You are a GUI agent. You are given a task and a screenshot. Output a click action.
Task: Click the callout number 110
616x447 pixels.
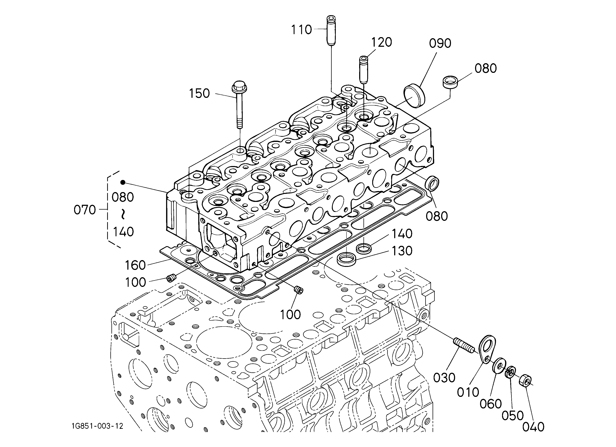coord(301,30)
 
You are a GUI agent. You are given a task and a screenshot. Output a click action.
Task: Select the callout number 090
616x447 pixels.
coord(440,43)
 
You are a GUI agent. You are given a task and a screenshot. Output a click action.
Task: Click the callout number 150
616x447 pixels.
coord(199,93)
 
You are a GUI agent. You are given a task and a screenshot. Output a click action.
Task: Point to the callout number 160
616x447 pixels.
coord(135,265)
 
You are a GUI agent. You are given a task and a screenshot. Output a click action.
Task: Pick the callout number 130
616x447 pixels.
coord(402,251)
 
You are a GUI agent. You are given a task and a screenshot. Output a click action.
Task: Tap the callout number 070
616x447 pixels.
coord(85,210)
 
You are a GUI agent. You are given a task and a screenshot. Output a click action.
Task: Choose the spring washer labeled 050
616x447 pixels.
coord(510,372)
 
